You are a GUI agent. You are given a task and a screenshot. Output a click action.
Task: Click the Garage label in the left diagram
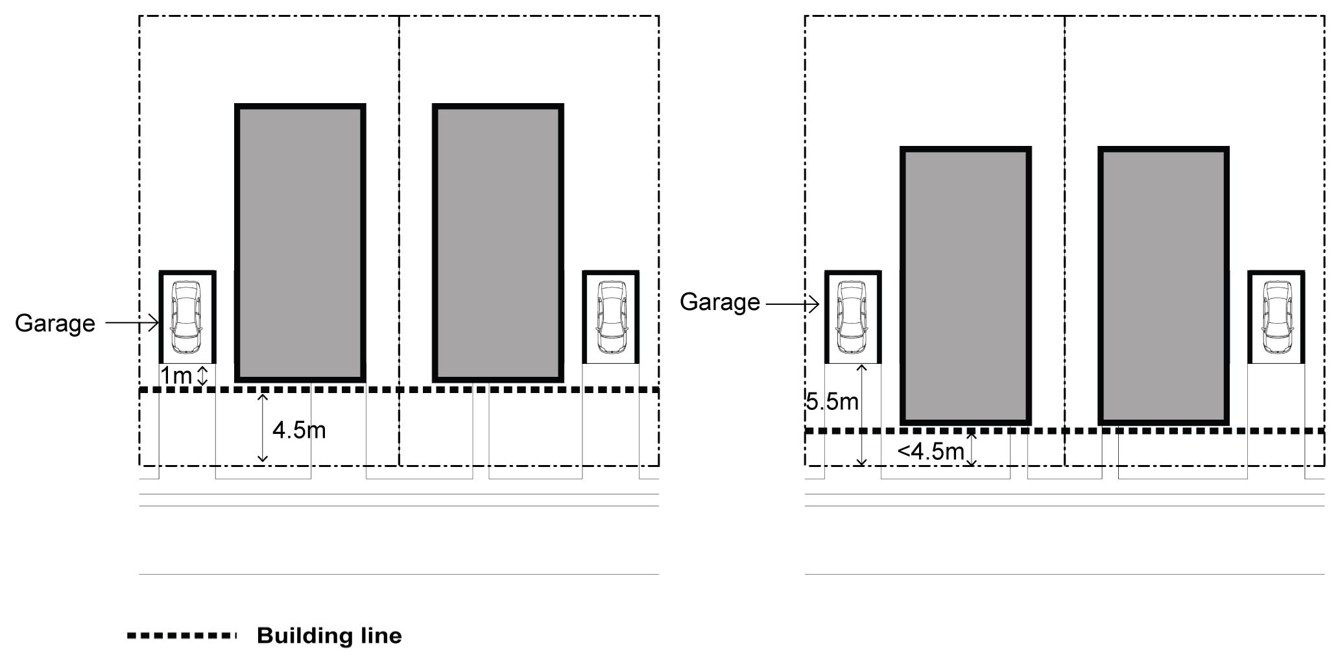pos(54,323)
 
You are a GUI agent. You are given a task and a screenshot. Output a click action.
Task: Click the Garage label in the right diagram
pos(719,302)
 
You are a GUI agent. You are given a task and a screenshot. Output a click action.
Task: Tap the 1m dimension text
pos(175,376)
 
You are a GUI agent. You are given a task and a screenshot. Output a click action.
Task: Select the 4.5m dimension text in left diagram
pos(298,429)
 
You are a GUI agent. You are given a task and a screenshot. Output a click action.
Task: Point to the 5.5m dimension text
pos(832,402)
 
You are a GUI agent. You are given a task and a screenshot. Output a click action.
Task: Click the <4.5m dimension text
pos(931,451)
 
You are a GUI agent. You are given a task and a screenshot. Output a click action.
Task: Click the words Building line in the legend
pos(329,636)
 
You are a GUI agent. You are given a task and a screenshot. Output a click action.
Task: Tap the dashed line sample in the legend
pos(182,636)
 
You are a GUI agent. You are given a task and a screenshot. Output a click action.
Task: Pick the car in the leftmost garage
pos(187,317)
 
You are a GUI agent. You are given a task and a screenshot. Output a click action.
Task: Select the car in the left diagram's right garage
pos(611,317)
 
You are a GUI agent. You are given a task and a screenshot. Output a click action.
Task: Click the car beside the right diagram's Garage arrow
pos(852,317)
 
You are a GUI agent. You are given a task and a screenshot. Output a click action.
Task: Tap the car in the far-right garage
pos(1276,317)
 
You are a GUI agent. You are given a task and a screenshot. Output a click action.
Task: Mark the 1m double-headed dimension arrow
pos(202,376)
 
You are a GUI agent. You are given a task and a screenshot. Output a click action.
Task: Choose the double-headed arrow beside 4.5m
pos(262,428)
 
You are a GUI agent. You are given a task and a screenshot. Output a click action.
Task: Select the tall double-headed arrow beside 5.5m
pos(861,415)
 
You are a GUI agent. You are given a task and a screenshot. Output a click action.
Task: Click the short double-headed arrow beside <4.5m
pos(971,449)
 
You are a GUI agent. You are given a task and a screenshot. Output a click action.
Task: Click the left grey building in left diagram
pos(300,243)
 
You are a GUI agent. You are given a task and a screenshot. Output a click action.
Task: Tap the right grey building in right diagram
pos(1164,286)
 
